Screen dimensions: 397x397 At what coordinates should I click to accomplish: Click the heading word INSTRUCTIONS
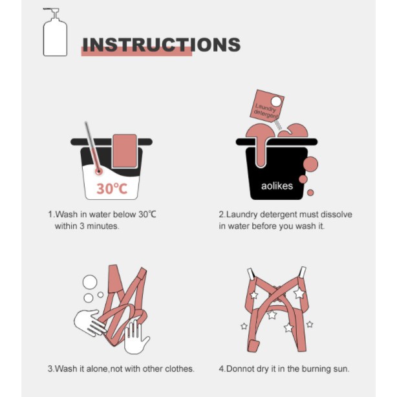click(162, 45)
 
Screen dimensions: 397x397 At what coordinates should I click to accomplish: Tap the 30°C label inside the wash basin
click(112, 189)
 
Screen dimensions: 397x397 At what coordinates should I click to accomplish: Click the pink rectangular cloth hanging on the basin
click(125, 151)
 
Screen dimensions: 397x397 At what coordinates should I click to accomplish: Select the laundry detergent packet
click(267, 106)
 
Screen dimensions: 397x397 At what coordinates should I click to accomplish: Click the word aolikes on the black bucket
click(277, 186)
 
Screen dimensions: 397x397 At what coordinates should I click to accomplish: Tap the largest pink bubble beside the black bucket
click(310, 164)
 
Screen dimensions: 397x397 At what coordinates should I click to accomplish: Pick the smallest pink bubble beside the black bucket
click(310, 193)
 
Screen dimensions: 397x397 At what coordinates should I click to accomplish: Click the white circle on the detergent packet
click(276, 102)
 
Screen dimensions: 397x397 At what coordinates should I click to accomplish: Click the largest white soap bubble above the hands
click(90, 282)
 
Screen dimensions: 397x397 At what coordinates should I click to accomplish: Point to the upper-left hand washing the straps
click(89, 322)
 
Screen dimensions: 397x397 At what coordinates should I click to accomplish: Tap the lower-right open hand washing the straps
click(135, 338)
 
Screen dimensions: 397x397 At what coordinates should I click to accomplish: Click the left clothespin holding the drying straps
click(251, 274)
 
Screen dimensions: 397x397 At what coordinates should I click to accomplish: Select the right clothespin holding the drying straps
click(303, 272)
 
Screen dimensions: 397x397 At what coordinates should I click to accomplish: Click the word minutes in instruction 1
click(103, 226)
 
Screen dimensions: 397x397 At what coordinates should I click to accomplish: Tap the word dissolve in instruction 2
click(336, 215)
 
